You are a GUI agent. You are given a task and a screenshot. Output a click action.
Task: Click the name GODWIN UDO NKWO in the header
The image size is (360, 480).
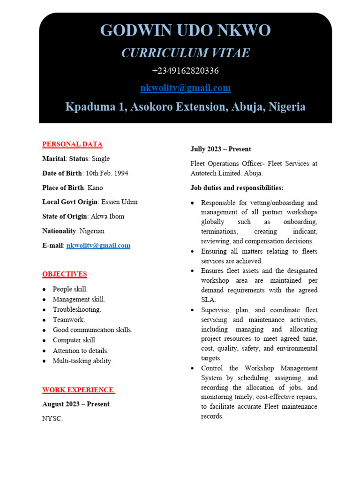coord(185,31)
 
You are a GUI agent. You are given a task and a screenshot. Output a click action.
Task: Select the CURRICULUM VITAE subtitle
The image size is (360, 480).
coord(185,53)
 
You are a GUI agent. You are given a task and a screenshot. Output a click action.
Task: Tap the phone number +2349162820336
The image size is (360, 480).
coord(185,71)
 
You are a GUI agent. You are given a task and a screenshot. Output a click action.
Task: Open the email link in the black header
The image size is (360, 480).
coord(185,88)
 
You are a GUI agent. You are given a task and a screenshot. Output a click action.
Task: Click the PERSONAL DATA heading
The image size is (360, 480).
coord(72,144)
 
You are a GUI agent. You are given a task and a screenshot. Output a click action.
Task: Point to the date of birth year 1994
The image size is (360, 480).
coord(120,173)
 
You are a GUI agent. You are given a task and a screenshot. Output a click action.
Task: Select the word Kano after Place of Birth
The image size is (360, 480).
coord(95,188)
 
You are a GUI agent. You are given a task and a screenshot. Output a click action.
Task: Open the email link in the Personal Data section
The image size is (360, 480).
coord(98,246)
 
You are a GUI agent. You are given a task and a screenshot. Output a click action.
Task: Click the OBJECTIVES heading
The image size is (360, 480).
coord(65,274)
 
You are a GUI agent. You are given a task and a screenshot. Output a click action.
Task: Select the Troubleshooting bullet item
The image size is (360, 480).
coord(77,309)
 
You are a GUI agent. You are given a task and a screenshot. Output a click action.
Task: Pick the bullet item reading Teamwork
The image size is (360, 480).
coord(69,320)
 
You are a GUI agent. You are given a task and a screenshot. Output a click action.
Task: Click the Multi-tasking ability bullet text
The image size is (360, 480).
coord(82,361)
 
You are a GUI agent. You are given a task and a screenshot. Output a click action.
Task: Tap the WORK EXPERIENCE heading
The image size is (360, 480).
coord(78,390)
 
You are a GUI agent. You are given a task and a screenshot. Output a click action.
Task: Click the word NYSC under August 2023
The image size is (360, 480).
coord(52,419)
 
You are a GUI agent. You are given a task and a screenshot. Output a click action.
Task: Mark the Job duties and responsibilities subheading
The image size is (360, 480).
coord(237,188)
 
